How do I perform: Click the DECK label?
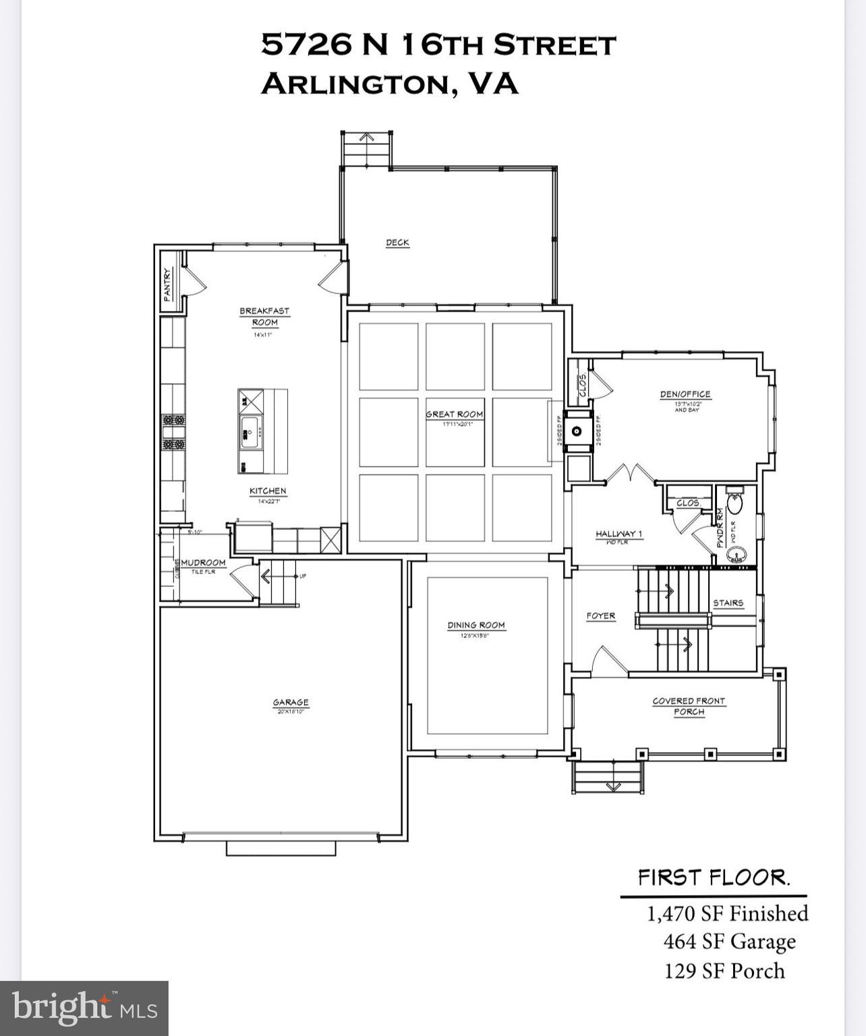point(397,243)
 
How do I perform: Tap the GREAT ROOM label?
point(455,414)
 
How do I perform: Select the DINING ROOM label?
point(476,625)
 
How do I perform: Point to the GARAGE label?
point(291,703)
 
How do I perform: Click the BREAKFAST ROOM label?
point(264,316)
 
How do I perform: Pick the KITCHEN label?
point(268,491)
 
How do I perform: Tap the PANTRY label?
point(168,284)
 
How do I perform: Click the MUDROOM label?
point(203,563)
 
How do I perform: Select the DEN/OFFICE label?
point(685,395)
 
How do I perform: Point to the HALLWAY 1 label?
point(618,534)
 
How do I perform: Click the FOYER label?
point(600,616)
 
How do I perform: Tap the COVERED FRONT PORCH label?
point(689,706)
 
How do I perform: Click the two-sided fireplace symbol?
point(577,430)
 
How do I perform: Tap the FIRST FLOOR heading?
point(714,878)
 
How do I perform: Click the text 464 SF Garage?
point(729,942)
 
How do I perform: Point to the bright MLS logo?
point(84,1008)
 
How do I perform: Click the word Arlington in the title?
point(352,84)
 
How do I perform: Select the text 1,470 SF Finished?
point(727,913)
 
